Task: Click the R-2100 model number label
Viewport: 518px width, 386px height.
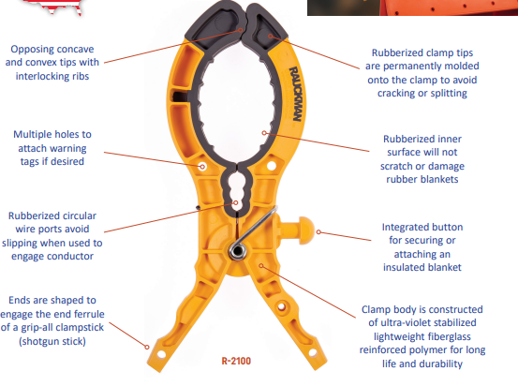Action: [x=236, y=361]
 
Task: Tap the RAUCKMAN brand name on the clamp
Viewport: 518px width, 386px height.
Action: [x=295, y=94]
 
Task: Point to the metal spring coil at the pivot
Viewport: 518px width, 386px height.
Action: [x=238, y=251]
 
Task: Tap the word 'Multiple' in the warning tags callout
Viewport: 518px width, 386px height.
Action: [x=33, y=134]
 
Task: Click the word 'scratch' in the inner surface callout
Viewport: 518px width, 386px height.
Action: [x=396, y=166]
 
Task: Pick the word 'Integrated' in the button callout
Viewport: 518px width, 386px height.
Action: [x=403, y=228]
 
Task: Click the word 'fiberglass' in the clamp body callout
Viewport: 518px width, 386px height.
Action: [x=443, y=336]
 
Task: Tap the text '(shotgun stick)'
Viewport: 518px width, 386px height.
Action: [x=52, y=341]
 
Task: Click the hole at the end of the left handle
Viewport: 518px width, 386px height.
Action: [x=161, y=354]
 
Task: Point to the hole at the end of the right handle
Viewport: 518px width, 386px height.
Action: [x=313, y=352]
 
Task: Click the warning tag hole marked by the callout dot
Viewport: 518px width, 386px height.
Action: [x=202, y=166]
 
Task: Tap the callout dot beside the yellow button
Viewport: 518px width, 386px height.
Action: [x=318, y=232]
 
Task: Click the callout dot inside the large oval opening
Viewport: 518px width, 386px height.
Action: [x=264, y=133]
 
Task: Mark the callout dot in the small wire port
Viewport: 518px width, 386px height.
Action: [x=235, y=202]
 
